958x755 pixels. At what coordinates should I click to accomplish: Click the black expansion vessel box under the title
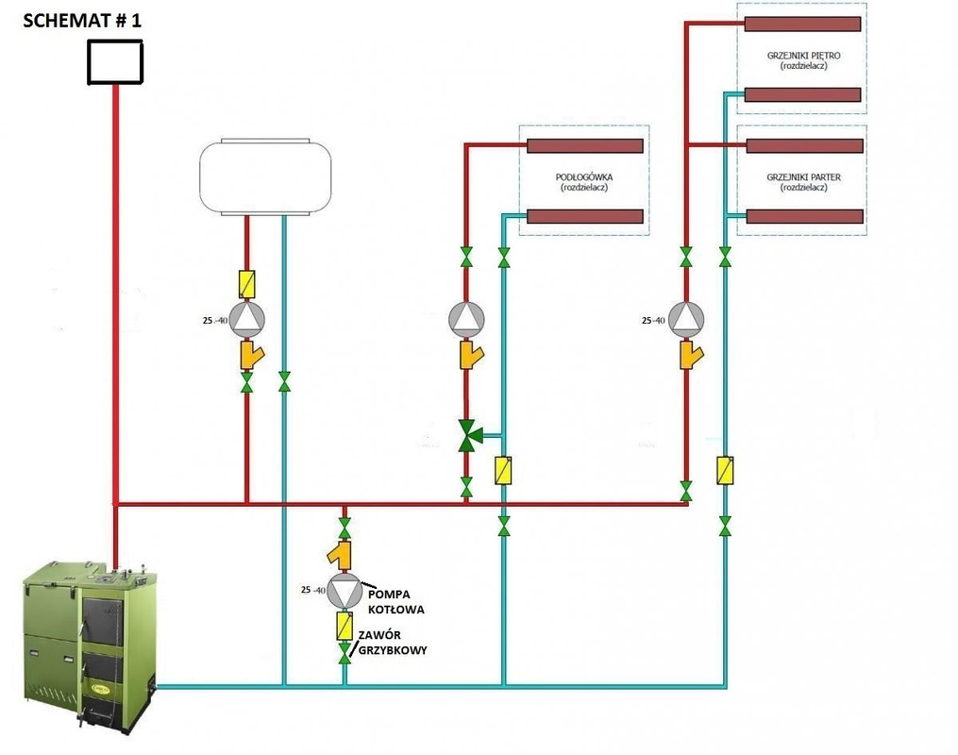pyautogui.click(x=115, y=63)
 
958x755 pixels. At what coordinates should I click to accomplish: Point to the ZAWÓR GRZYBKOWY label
pyautogui.click(x=391, y=642)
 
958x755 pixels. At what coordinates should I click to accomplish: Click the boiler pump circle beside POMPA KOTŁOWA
pyautogui.click(x=345, y=591)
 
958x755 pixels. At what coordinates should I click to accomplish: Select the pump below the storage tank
pyautogui.click(x=247, y=318)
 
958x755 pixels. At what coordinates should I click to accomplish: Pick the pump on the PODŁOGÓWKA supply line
pyautogui.click(x=466, y=318)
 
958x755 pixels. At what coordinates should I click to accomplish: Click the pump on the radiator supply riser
pyautogui.click(x=686, y=318)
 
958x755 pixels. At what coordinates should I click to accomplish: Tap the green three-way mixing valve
pyautogui.click(x=468, y=435)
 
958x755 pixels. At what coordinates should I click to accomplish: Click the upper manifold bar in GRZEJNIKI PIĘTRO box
pyautogui.click(x=802, y=23)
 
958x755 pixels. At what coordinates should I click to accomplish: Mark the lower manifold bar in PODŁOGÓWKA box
pyautogui.click(x=584, y=216)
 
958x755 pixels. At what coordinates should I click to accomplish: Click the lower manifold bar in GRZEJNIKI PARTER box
pyautogui.click(x=804, y=216)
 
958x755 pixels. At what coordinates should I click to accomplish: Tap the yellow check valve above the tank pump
pyautogui.click(x=247, y=282)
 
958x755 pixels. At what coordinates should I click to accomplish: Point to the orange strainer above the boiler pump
pyautogui.click(x=344, y=552)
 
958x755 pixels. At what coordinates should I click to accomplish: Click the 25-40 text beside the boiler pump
pyautogui.click(x=312, y=591)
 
